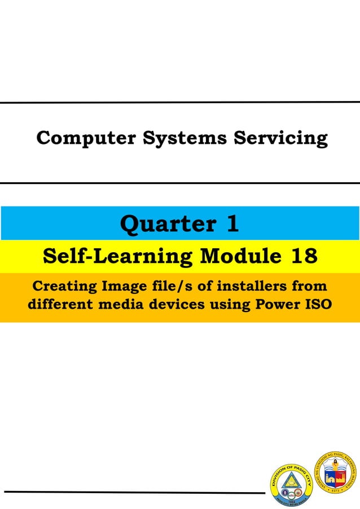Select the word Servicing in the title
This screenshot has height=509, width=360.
pos(280,138)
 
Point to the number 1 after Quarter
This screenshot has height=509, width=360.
pos(232,224)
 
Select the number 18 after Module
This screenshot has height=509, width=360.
pos(304,257)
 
